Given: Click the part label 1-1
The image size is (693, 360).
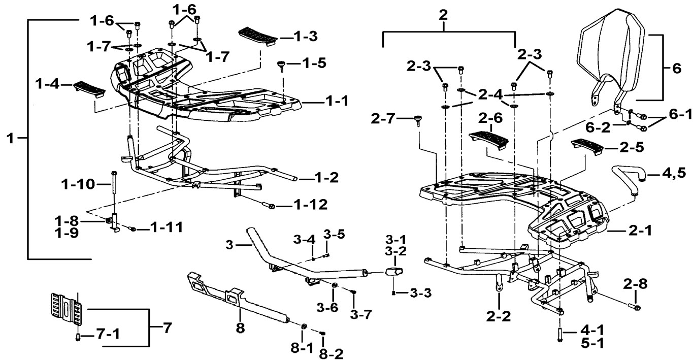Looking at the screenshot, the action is pos(336,101).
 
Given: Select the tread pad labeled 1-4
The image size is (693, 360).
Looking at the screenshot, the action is pos(89,89).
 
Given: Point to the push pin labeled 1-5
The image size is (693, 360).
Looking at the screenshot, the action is pos(282,66).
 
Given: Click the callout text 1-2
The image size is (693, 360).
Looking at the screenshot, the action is pos(326,178).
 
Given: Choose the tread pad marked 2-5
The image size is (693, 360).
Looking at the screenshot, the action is pos(587,147).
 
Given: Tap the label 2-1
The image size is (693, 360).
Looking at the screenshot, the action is pos(640,231).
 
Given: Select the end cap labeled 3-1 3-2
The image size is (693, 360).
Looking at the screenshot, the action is pos(394,272).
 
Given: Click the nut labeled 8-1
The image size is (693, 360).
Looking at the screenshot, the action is pos(304,326).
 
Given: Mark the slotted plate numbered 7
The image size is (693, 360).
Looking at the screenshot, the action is pos(67,309).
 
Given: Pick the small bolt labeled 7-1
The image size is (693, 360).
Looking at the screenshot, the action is pos(78,337).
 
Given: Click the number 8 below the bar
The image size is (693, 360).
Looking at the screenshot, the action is pos(240,328).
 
